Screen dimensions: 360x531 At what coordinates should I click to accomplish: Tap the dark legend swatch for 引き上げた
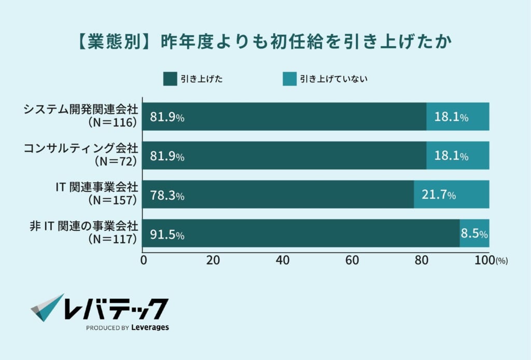(170, 79)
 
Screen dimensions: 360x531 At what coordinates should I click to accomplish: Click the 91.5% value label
(167, 234)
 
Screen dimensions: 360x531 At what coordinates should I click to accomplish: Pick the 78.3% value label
(167, 196)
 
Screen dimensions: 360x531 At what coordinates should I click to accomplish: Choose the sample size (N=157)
(113, 200)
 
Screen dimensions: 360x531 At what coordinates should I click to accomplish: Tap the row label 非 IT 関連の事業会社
(83, 226)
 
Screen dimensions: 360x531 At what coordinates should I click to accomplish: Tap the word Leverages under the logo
(150, 327)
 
